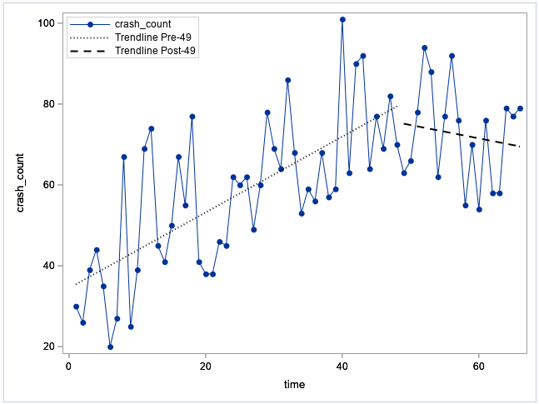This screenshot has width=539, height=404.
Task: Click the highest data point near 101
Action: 342,19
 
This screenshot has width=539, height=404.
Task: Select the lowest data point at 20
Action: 110,347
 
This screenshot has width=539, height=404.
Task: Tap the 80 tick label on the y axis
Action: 48,104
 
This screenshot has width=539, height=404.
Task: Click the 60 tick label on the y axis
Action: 48,185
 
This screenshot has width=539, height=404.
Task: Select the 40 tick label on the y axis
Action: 48,266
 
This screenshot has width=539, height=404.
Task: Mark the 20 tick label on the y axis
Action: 48,347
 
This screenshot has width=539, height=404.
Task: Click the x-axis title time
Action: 294,384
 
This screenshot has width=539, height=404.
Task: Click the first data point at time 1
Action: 76,307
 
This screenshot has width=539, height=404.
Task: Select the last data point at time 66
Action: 520,108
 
